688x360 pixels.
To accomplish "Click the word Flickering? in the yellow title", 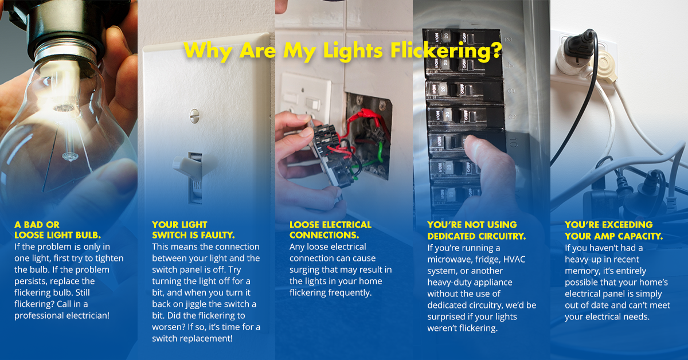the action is click(446, 51).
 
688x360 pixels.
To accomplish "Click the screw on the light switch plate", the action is click(194, 116).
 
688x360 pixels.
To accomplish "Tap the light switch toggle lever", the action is click(188, 165).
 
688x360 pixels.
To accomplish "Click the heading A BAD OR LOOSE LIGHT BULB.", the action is click(58, 230).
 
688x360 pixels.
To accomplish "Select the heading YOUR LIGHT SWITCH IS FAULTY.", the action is click(193, 230).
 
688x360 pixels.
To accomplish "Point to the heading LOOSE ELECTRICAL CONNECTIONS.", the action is click(330, 230).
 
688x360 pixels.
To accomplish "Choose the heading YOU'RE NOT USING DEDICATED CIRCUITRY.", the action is click(476, 230).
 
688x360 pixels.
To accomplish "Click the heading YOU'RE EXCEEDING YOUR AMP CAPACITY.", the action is click(613, 230).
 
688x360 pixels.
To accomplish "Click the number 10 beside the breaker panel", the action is click(512, 143).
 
